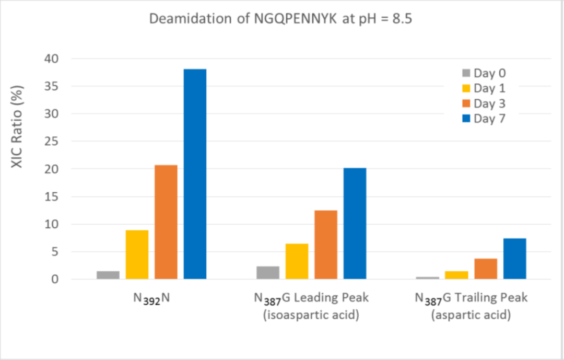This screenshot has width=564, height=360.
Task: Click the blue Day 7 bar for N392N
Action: coord(195,174)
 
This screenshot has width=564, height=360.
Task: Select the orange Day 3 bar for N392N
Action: coord(166,222)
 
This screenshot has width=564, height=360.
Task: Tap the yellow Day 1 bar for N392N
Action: coord(137,254)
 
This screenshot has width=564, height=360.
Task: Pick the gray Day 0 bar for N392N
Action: coord(108,275)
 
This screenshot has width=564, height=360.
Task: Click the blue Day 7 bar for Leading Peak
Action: coord(355,224)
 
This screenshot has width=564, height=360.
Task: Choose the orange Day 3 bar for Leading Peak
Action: coord(326,245)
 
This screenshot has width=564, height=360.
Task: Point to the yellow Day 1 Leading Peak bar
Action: coord(297,261)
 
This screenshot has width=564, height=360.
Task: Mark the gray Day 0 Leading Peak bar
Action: coord(268,273)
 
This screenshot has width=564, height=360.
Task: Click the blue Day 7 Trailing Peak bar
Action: coord(515,259)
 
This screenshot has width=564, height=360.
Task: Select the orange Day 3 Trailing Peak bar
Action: coord(486,269)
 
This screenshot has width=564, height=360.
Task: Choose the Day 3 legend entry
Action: coord(484,104)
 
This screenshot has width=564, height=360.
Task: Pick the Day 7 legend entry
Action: coord(484,119)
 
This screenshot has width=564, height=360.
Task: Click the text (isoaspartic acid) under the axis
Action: coord(311,316)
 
